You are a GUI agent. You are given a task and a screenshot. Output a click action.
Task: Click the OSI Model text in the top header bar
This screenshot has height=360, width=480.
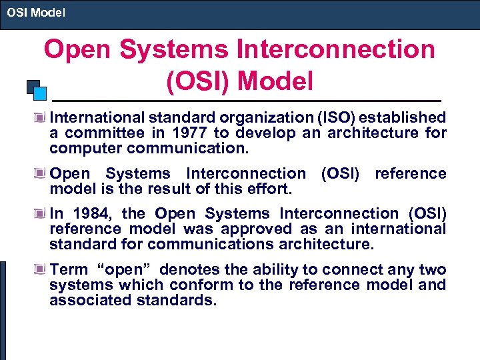point(36,12)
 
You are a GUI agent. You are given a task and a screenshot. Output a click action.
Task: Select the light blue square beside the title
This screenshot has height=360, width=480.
point(41,93)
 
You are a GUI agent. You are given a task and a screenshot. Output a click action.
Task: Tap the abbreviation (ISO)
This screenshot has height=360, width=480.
point(332,118)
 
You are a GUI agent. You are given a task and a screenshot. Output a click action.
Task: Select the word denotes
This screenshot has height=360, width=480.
point(189,270)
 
